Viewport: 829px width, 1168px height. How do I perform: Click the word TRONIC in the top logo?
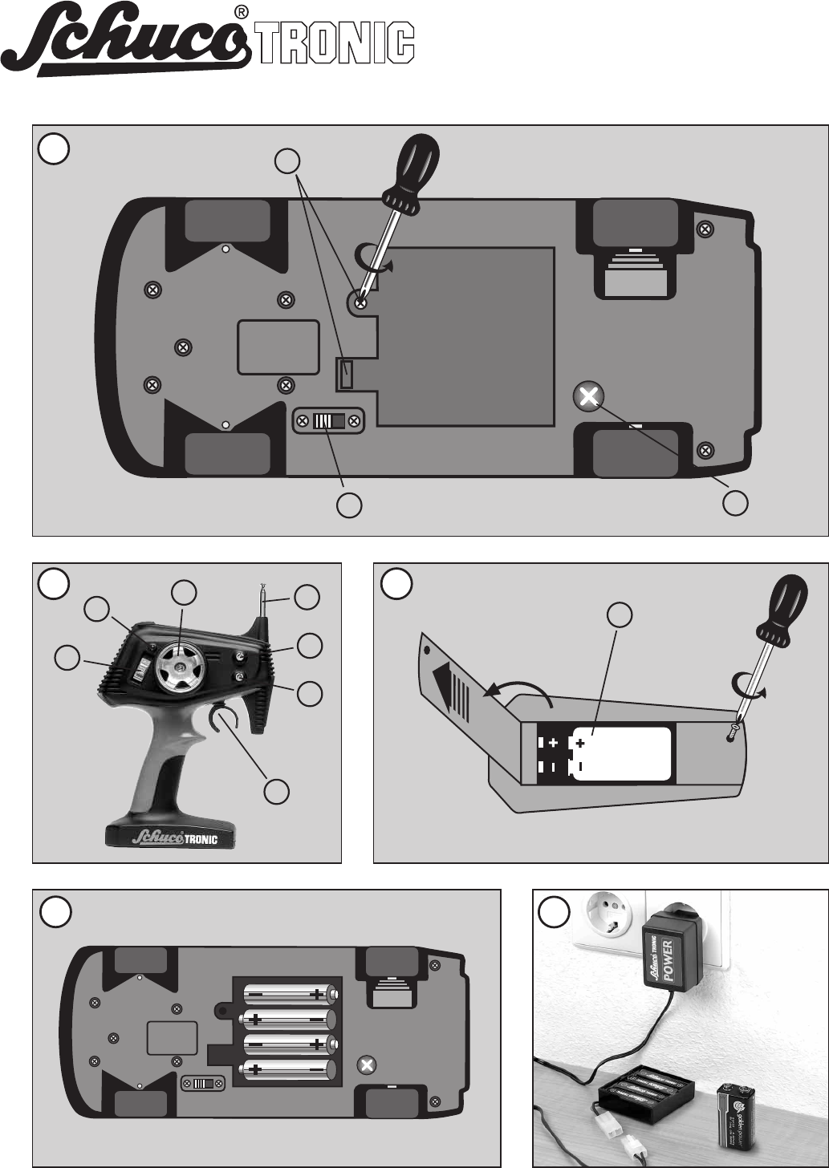tap(335, 44)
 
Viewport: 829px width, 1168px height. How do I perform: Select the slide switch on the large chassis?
tap(327, 421)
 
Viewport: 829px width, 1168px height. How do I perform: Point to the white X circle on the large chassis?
tap(589, 395)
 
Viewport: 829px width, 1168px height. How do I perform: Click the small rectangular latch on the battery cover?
tap(346, 373)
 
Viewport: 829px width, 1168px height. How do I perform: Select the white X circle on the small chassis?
tap(367, 1065)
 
